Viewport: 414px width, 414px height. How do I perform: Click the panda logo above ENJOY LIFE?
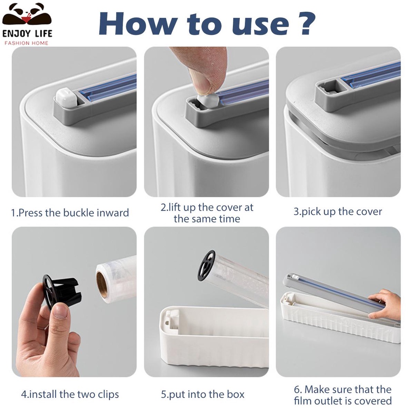(x=27, y=16)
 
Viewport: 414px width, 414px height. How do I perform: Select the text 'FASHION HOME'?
(x=26, y=43)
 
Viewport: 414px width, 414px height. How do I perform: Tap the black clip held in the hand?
(x=62, y=290)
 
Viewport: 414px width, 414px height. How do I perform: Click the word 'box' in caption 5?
(x=236, y=395)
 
